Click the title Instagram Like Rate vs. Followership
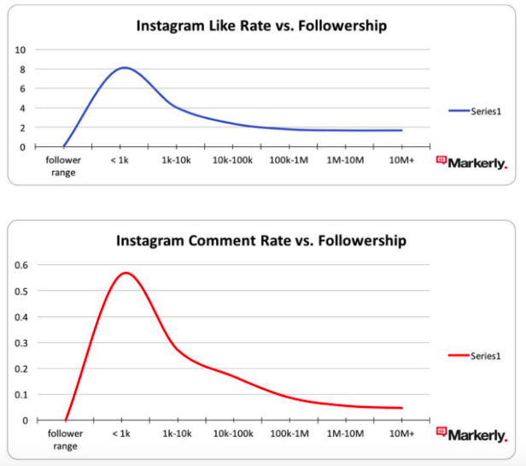(261, 26)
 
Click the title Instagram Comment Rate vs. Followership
(261, 241)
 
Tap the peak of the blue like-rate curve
(124, 68)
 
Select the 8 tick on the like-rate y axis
(22, 69)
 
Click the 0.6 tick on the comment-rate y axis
(19, 265)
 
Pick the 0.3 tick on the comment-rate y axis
(19, 343)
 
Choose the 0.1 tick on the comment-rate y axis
(19, 395)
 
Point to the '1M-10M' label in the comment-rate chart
(345, 434)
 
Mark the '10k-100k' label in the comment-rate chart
(233, 434)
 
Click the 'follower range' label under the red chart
(66, 439)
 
